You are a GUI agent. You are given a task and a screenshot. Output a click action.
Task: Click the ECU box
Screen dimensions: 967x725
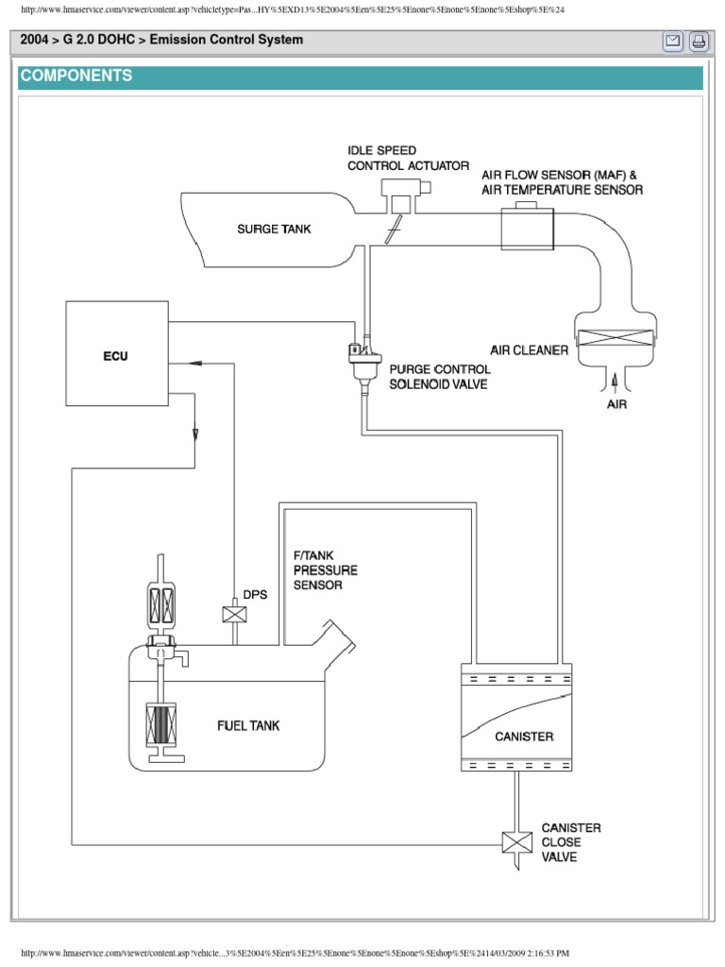coord(117,354)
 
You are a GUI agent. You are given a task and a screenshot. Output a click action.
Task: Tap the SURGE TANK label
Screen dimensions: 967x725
coord(274,229)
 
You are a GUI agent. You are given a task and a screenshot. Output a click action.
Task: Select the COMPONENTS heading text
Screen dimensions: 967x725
coord(76,76)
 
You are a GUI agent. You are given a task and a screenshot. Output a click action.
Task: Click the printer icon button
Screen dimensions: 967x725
coord(698,41)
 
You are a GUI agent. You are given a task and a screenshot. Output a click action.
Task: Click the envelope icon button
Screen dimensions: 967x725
coord(673,41)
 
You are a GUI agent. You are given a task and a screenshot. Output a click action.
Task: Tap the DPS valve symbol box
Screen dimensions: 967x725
coord(232,614)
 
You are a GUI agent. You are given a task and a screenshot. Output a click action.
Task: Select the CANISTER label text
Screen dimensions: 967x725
coord(524,737)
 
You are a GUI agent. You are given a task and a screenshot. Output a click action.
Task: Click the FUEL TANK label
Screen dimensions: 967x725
coord(248,726)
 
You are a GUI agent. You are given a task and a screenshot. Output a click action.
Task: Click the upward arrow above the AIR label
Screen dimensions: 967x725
coord(615,381)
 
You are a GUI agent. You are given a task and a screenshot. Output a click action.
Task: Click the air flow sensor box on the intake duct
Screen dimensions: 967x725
coord(528,228)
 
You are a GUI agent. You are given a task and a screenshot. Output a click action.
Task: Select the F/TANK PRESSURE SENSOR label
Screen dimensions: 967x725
coord(318,570)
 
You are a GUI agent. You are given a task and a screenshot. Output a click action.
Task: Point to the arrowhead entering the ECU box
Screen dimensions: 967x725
coord(194,363)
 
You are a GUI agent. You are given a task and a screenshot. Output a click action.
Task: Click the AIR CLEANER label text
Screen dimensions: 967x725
coord(529,349)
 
